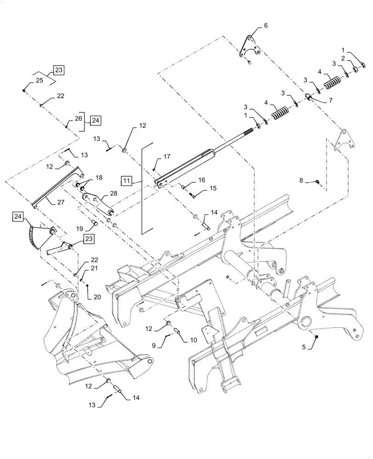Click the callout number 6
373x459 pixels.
pos(265,26)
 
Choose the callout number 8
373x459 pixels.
pos(301,181)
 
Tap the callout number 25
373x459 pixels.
pos(39,81)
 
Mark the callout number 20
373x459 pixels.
pos(96,297)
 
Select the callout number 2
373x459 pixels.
pos(343,58)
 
